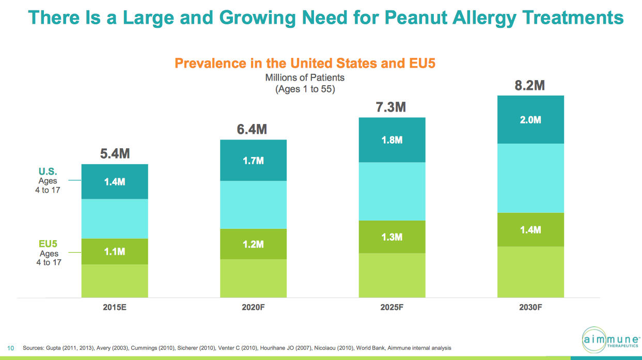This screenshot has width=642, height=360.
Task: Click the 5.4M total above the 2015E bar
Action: tap(115, 153)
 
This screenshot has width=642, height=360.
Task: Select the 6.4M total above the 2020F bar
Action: tap(252, 129)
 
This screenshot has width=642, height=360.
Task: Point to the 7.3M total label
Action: tap(391, 107)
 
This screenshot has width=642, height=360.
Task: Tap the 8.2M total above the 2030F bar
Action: tap(529, 85)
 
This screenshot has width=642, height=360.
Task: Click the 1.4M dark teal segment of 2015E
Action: tap(115, 181)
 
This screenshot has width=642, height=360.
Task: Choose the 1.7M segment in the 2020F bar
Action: tap(254, 160)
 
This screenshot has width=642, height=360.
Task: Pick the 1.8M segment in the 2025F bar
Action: tap(392, 140)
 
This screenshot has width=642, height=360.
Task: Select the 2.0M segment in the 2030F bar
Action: tap(530, 119)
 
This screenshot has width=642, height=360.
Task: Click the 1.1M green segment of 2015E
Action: tap(115, 252)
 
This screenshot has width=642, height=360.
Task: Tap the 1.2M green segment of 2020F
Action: tap(254, 244)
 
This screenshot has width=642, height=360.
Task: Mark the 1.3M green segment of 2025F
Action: tap(392, 237)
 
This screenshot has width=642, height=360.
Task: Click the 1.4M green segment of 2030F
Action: tap(530, 230)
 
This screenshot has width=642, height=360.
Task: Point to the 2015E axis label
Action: tap(115, 307)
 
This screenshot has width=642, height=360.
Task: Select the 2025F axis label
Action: tap(392, 307)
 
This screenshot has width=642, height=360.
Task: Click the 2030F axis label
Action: tap(530, 307)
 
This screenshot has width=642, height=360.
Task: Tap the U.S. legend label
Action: tap(48, 171)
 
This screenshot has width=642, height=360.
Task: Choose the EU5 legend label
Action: tap(48, 244)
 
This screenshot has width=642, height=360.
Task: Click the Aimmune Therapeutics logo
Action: tap(610, 340)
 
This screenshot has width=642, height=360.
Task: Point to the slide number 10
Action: tap(11, 348)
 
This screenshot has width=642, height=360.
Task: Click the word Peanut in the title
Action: tap(416, 18)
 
